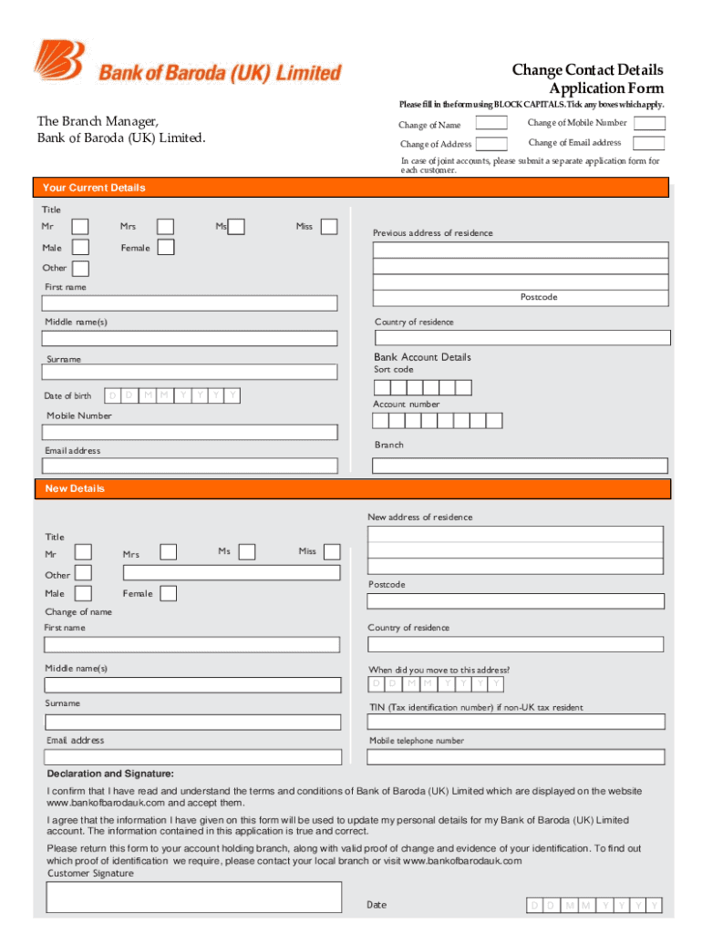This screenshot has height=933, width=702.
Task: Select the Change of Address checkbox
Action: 492,144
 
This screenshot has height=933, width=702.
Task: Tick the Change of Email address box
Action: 649,143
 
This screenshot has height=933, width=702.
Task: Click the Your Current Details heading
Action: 94,188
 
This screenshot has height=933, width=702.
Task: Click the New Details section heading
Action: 76,489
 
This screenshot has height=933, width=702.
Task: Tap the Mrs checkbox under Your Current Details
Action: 165,227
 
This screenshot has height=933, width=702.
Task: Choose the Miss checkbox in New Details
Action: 332,551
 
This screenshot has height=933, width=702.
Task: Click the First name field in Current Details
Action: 191,303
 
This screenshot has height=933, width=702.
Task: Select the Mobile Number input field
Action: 191,433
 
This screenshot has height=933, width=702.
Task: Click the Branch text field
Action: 521,466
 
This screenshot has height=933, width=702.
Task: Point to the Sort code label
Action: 394,370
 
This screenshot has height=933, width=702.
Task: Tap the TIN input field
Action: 516,722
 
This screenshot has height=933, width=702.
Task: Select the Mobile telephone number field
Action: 516,756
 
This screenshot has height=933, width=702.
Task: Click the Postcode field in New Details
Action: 516,601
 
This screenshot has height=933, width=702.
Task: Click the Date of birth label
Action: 67,395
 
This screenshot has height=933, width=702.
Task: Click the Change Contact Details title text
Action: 587,70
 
